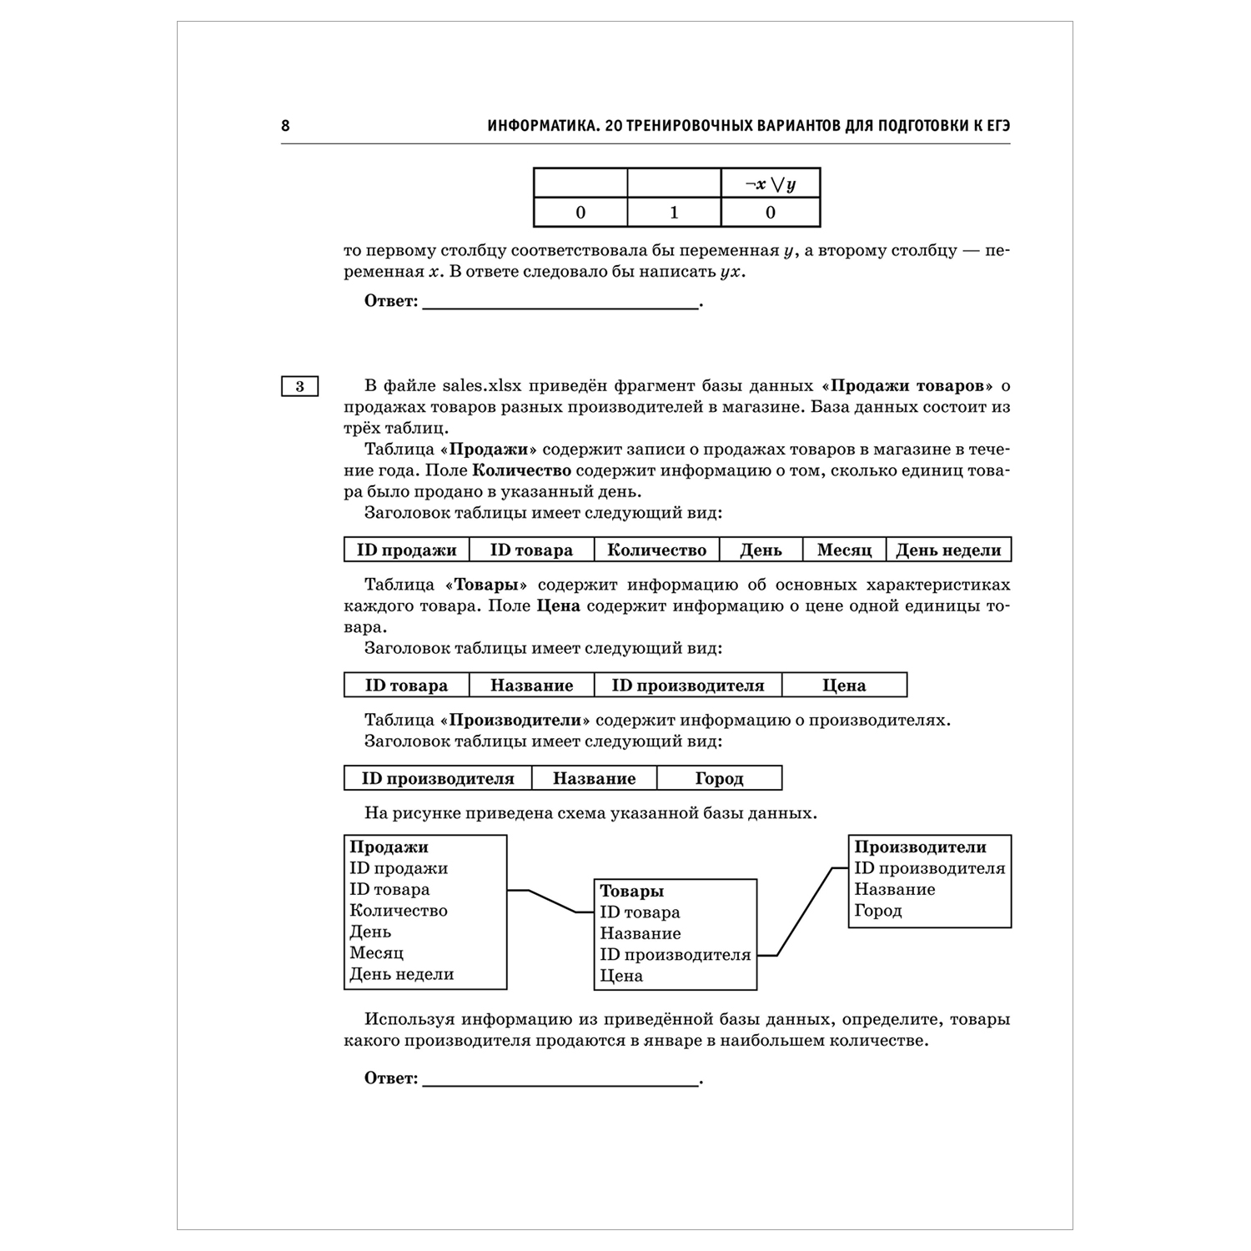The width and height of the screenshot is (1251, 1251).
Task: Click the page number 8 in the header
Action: (x=286, y=126)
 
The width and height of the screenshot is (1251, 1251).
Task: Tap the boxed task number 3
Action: (x=300, y=386)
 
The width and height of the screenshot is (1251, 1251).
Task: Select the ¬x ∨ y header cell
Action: (x=770, y=183)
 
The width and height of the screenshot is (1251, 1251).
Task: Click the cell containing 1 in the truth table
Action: (x=674, y=212)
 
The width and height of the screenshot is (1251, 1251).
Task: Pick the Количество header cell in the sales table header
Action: (x=656, y=550)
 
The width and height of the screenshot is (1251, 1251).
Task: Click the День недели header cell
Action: (x=948, y=550)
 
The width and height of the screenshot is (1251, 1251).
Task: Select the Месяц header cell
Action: (x=844, y=550)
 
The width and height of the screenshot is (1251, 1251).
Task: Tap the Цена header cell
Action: (x=844, y=686)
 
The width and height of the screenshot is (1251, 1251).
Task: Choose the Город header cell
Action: (x=719, y=778)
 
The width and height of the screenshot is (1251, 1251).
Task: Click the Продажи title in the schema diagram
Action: (x=389, y=847)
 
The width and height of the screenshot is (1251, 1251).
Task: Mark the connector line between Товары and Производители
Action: (x=805, y=911)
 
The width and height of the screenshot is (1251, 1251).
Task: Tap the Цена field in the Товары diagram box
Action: (x=621, y=976)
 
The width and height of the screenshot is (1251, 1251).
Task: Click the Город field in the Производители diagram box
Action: (x=878, y=911)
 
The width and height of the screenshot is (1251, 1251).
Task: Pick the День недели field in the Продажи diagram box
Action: (x=401, y=974)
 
